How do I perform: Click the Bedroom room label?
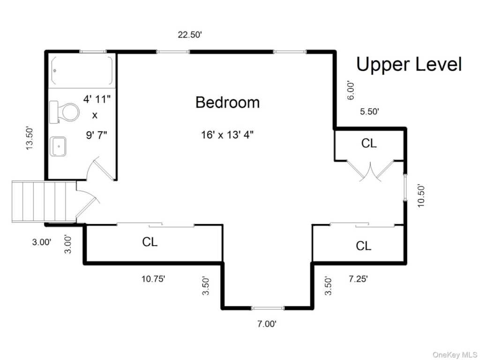tap(227, 102)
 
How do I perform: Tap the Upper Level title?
tap(409, 64)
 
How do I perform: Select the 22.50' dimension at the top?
tap(190, 35)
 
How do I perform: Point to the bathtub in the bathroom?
tap(82, 71)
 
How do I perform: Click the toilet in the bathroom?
tap(64, 112)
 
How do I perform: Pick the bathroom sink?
tap(58, 146)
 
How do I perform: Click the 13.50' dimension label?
tap(30, 138)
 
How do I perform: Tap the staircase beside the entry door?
tap(44, 201)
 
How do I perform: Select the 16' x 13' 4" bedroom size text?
tap(227, 135)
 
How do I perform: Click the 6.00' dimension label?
tap(351, 90)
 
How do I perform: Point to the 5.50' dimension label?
tap(369, 112)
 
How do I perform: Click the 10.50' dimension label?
tap(421, 196)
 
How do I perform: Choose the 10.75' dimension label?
tap(153, 279)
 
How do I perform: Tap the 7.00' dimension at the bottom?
tap(267, 324)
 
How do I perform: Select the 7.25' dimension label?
tap(358, 279)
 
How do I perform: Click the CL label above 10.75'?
tap(150, 242)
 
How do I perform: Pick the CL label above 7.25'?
tap(363, 246)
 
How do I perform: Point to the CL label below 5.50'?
tap(369, 143)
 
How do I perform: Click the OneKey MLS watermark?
tap(454, 355)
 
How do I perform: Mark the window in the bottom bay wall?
tap(268, 308)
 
